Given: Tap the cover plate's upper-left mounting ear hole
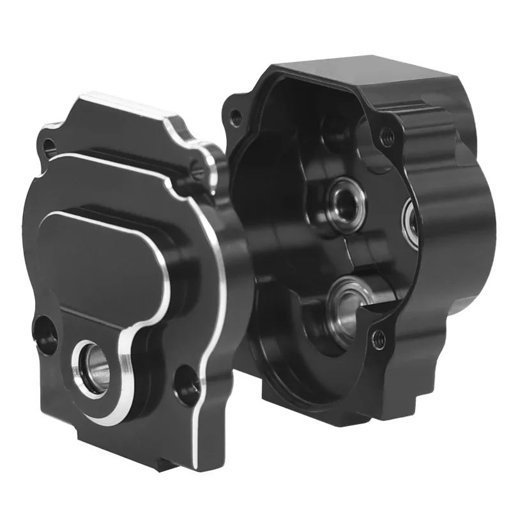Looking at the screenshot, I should [x=47, y=150].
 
